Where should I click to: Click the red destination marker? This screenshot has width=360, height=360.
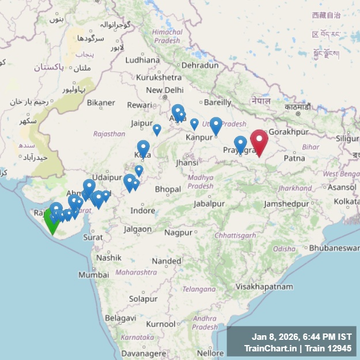[259, 142]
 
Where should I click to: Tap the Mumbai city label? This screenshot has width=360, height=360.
[93, 275]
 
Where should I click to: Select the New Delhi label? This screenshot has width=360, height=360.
[165, 90]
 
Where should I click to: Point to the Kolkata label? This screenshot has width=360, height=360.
[344, 202]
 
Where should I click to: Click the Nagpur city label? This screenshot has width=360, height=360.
[178, 233]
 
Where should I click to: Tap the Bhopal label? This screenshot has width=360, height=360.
[168, 189]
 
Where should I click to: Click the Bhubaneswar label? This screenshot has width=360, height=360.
[335, 248]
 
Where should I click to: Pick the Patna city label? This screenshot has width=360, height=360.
[294, 157]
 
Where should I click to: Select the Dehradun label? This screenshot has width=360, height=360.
[200, 65]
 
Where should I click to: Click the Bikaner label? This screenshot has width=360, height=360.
[101, 103]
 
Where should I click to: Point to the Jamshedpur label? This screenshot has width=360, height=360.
[286, 204]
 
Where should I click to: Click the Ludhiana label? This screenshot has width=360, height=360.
[142, 59]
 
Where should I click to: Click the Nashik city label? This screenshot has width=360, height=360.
[109, 257]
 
